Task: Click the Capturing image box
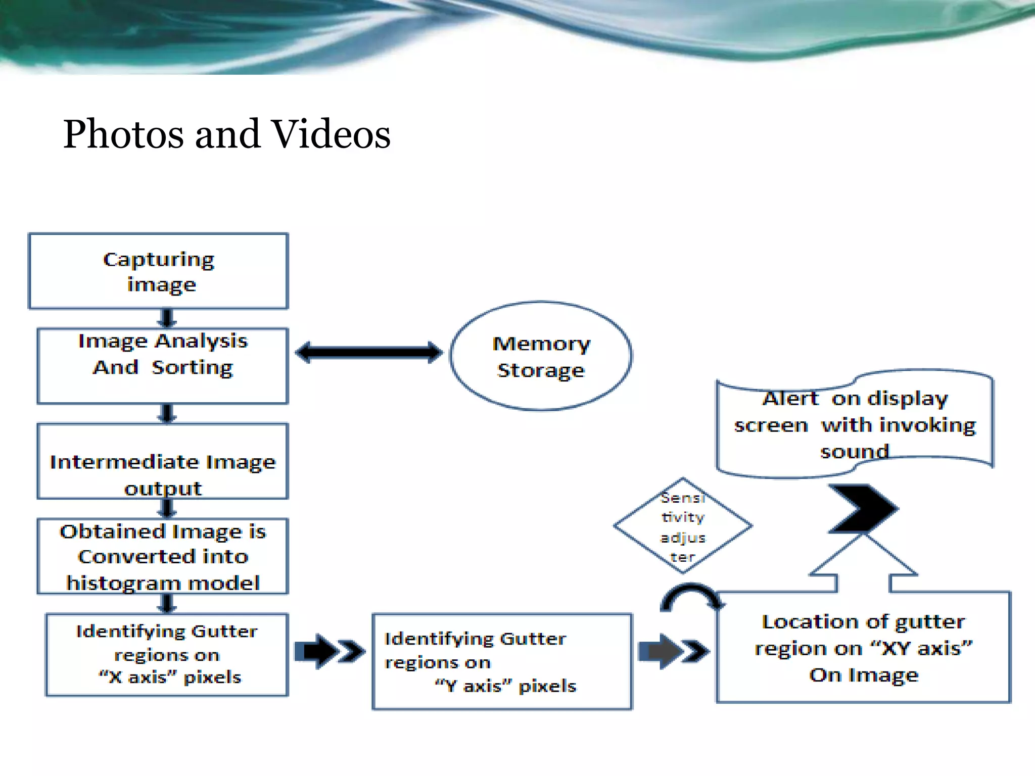tap(158, 271)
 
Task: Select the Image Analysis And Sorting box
tap(162, 366)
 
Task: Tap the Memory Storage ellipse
tap(540, 356)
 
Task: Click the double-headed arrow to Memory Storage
tap(369, 352)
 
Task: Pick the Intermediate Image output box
tap(162, 461)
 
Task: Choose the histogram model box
tap(162, 556)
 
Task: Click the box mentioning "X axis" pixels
tap(167, 655)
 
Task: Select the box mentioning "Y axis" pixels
tap(502, 662)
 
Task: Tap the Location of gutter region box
tap(863, 648)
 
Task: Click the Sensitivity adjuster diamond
tap(682, 526)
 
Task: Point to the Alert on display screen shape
tap(854, 424)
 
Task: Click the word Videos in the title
tap(331, 134)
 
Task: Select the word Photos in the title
tap(123, 134)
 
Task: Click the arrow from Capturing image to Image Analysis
tap(167, 318)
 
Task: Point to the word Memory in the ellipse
tap(541, 344)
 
